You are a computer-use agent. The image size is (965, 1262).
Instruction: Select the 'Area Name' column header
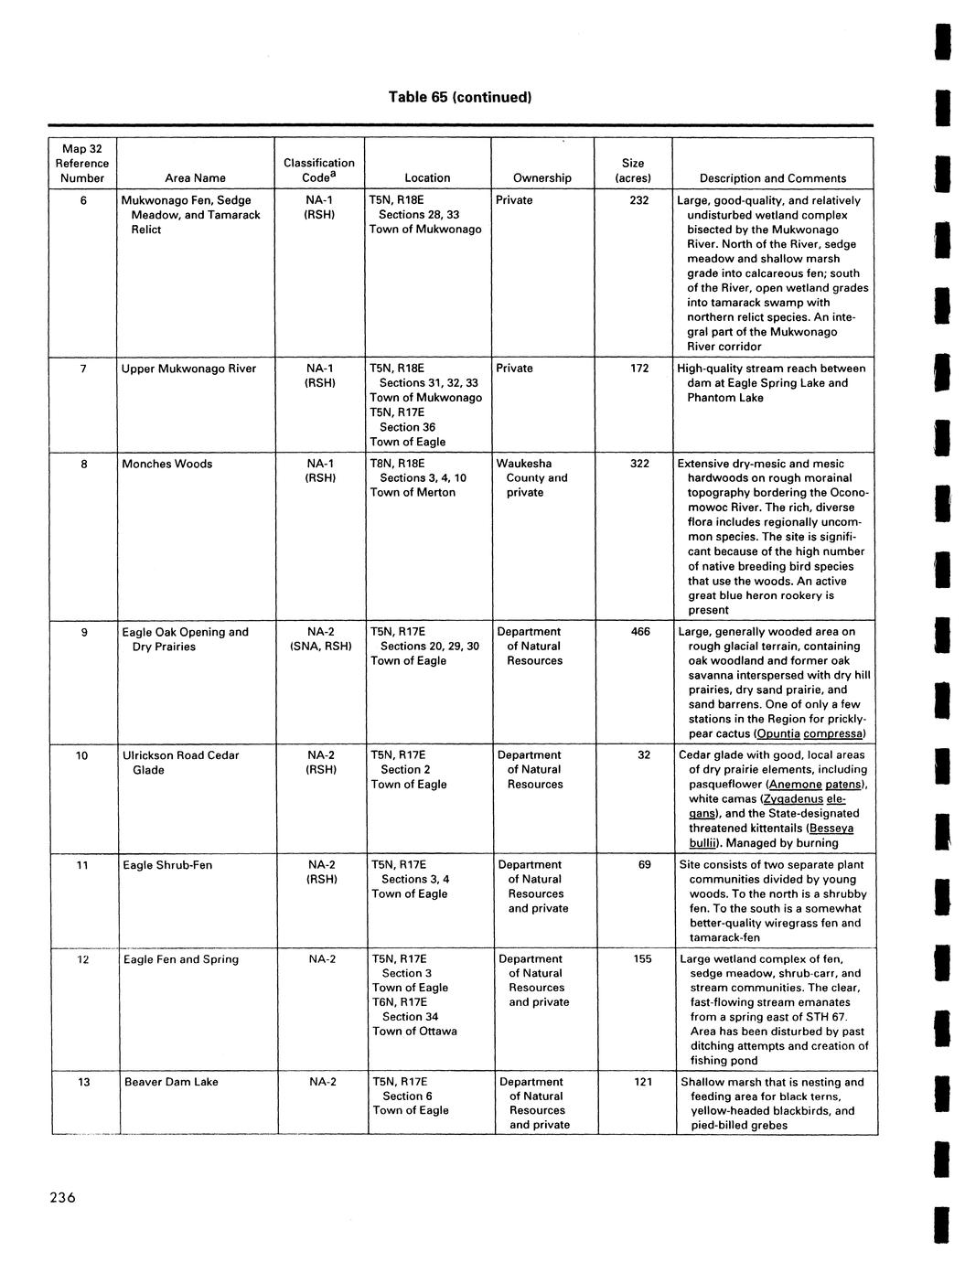point(196,178)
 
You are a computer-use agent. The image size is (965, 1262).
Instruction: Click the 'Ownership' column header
point(541,178)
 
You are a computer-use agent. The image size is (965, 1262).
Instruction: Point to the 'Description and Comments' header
point(773,178)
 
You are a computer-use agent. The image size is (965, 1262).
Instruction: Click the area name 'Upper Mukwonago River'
point(189,369)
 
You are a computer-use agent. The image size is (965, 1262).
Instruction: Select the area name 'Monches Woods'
point(167,464)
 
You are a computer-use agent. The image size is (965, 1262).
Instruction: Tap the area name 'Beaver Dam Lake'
point(171,1082)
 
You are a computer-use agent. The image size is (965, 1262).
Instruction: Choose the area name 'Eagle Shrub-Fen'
point(167,865)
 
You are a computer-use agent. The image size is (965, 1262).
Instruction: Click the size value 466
point(640,632)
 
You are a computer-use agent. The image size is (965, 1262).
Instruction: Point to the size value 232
point(640,200)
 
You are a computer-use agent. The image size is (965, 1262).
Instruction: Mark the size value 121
point(642,1082)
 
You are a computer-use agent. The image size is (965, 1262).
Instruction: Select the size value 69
point(644,865)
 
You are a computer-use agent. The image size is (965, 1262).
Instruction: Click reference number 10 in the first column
point(82,755)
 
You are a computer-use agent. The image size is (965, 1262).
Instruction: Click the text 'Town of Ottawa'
point(414,1032)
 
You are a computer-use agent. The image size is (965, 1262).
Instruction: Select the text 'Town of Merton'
point(413,492)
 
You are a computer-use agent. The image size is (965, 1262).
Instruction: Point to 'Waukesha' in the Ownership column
point(524,464)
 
